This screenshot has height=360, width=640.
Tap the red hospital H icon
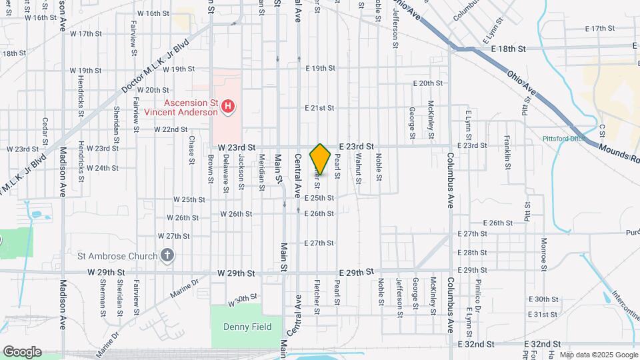point(229,106)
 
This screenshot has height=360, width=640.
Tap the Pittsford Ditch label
point(563,139)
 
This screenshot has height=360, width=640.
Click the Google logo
point(22,351)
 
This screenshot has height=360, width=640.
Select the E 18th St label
point(508,49)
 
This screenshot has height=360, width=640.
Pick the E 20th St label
point(428,83)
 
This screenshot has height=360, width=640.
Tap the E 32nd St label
point(477,344)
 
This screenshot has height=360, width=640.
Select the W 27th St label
point(174,236)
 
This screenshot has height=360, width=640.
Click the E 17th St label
point(599,29)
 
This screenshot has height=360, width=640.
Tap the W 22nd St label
point(171,129)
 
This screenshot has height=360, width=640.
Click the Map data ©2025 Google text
point(598,355)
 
